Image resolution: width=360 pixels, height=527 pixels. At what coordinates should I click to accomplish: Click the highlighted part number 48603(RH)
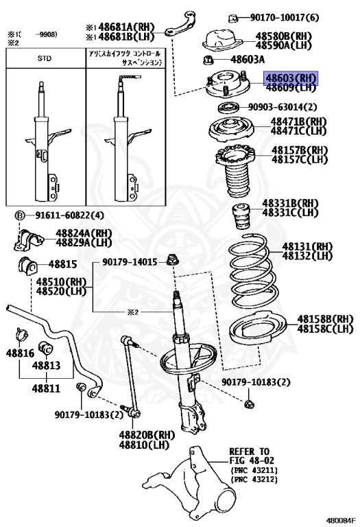coord(291,80)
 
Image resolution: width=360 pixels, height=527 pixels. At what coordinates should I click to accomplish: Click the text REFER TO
coord(249,451)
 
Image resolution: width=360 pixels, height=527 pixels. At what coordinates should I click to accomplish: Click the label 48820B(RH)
coord(147,435)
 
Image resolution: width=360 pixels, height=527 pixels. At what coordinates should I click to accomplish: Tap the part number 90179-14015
coord(130,261)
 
